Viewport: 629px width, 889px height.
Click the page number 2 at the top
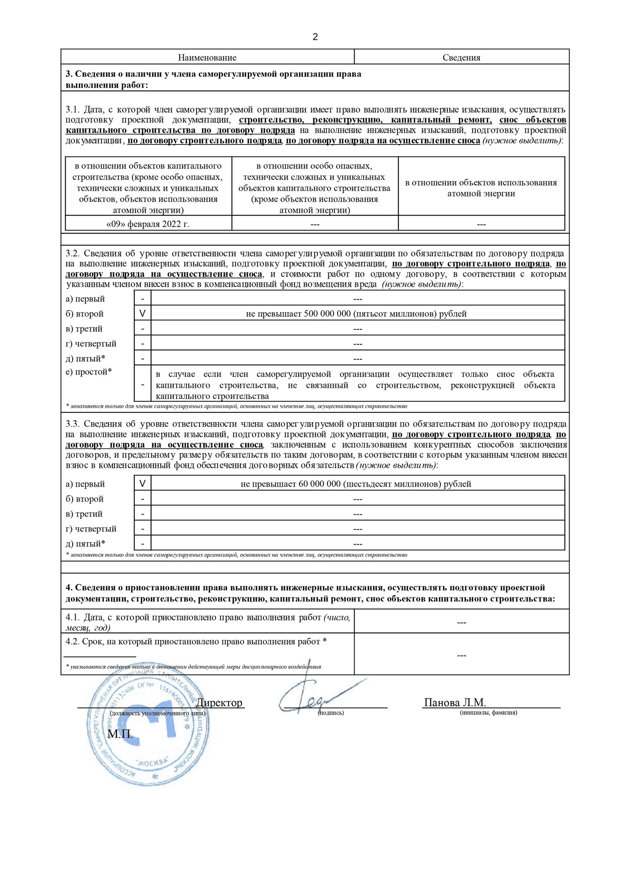click(x=315, y=37)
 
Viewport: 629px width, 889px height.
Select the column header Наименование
click(x=207, y=58)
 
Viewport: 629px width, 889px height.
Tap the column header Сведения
click(x=461, y=58)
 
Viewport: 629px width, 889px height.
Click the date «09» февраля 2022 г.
click(x=148, y=224)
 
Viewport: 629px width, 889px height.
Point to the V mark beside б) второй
click(x=143, y=314)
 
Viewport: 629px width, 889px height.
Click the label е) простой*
click(x=89, y=372)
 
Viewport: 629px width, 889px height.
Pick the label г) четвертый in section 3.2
click(x=91, y=344)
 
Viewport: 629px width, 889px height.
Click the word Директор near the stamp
click(x=219, y=702)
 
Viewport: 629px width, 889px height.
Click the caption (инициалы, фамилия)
click(x=488, y=712)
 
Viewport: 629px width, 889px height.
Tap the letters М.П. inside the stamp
click(x=120, y=733)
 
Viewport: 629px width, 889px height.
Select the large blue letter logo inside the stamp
click(x=146, y=720)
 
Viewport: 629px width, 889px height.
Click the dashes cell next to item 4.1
click(x=461, y=622)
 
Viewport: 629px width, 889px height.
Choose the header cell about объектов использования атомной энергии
click(x=481, y=188)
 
